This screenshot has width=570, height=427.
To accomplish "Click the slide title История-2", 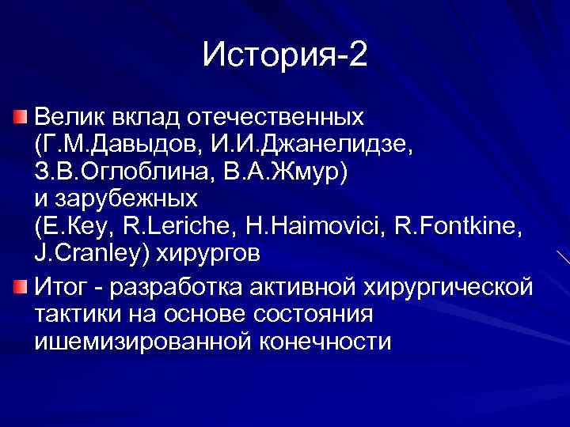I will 285,55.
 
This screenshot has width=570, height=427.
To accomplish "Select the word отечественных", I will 276,118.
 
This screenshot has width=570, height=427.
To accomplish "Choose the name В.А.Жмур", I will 290,173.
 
